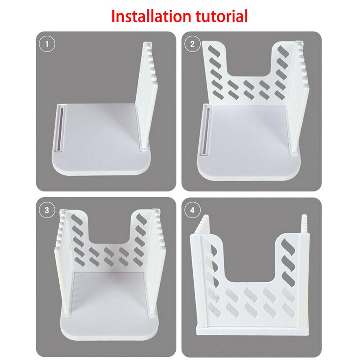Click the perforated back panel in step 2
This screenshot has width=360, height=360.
(248, 86)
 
